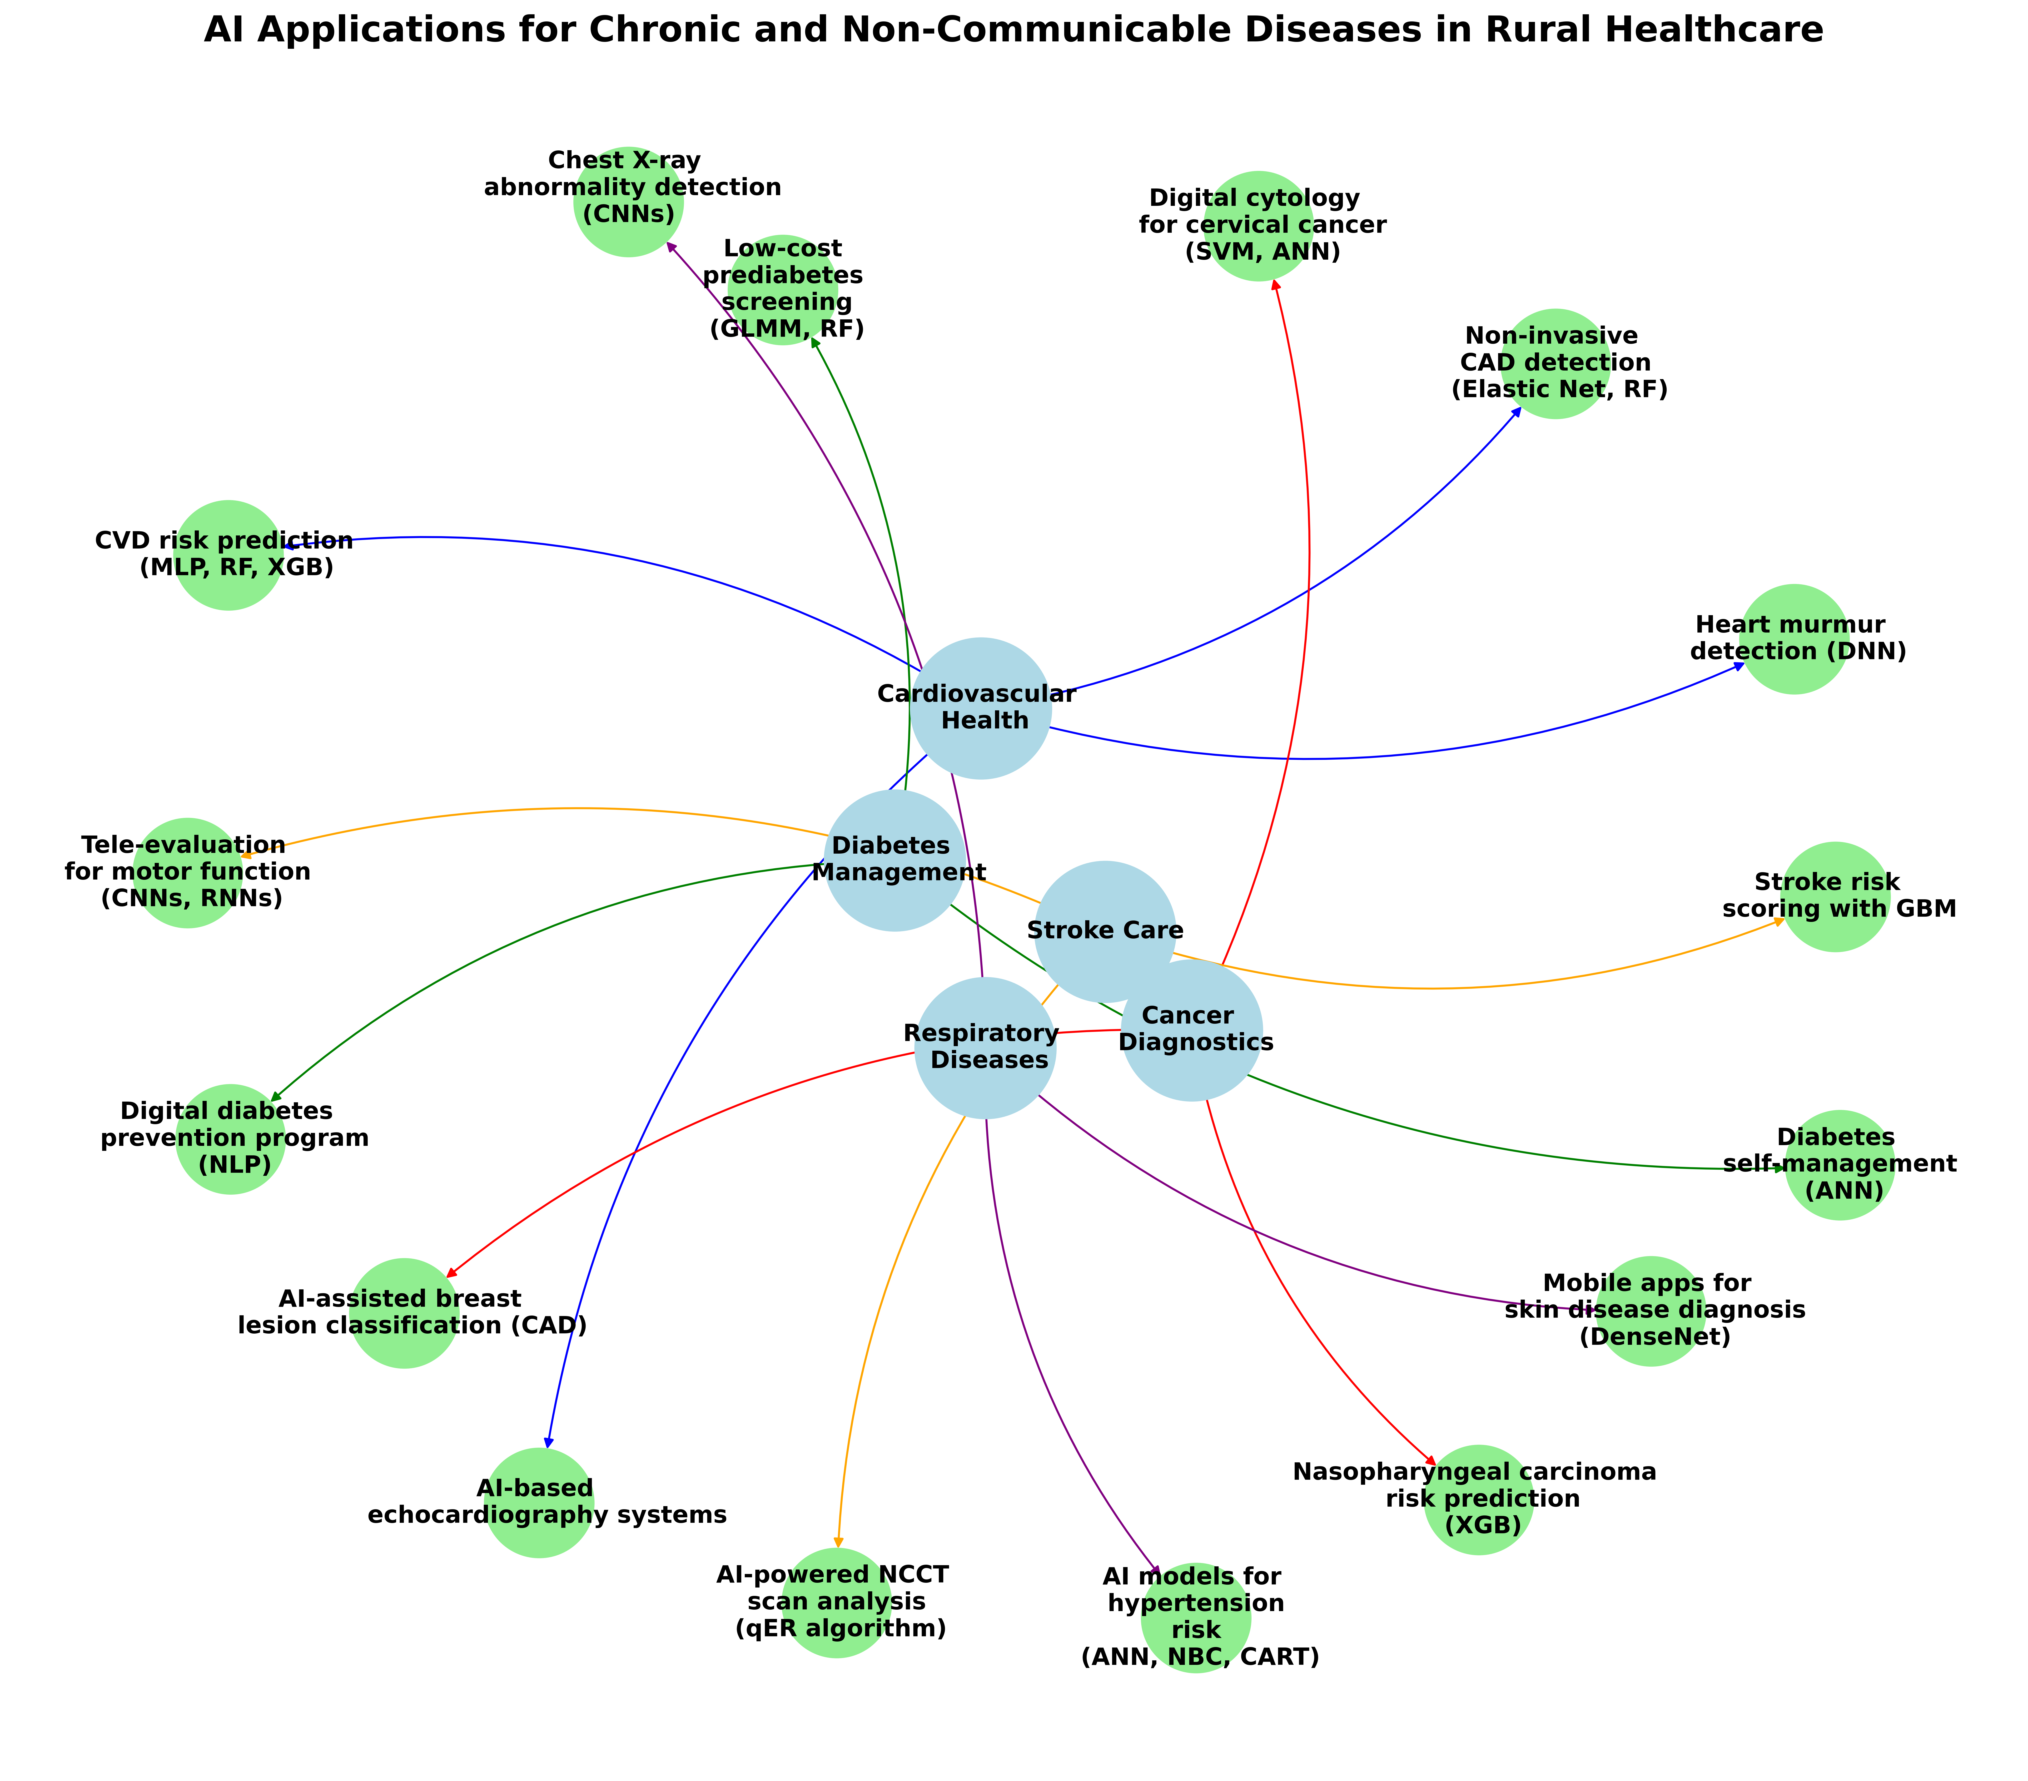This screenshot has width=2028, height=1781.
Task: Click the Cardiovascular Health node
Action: [980, 707]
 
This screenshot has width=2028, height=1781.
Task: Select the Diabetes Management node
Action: [894, 859]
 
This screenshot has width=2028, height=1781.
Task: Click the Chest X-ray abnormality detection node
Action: [628, 201]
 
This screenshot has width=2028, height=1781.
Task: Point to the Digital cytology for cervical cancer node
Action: [1258, 225]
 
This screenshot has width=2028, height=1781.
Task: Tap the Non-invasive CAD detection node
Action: [1555, 363]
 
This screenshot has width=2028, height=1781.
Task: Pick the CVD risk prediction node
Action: [228, 555]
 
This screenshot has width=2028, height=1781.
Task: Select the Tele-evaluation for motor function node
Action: [188, 872]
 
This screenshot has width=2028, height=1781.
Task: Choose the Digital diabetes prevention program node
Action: [230, 1138]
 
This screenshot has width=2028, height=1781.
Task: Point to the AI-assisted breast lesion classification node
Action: [404, 1313]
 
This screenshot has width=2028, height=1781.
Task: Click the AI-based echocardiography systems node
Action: [539, 1502]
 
